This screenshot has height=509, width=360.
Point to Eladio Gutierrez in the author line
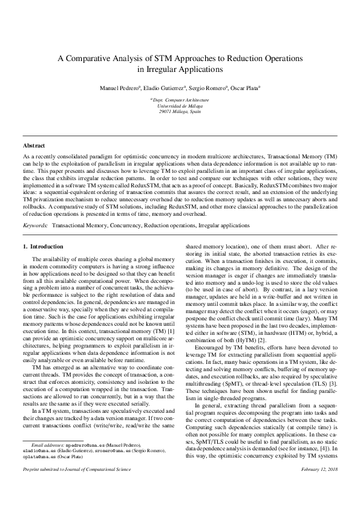click(x=163, y=88)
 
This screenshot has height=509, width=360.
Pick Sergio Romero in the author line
click(x=209, y=88)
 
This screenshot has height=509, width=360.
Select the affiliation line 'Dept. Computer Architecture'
click(x=180, y=99)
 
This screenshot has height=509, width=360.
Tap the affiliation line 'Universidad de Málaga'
click(x=180, y=105)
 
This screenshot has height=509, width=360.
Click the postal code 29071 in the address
click(x=166, y=111)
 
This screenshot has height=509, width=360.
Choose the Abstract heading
click(x=34, y=146)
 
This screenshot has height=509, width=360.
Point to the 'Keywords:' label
click(x=36, y=224)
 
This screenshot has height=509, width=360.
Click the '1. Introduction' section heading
click(x=43, y=247)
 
